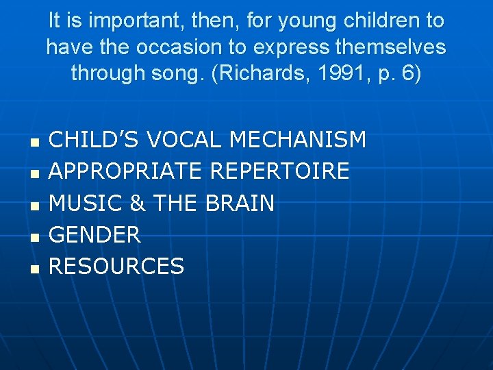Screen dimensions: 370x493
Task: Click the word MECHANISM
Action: pyautogui.click(x=298, y=140)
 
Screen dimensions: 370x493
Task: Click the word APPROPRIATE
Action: pyautogui.click(x=126, y=171)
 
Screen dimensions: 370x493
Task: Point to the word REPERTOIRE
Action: pyautogui.click(x=279, y=171)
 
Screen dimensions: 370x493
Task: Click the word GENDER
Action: pyautogui.click(x=95, y=234)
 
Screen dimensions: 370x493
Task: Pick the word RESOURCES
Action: pyautogui.click(x=117, y=266)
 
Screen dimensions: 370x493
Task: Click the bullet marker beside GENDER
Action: pyautogui.click(x=34, y=237)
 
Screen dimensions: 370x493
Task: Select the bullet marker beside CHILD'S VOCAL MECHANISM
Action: pyautogui.click(x=34, y=143)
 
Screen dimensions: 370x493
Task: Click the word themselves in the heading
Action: pyautogui.click(x=389, y=47)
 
